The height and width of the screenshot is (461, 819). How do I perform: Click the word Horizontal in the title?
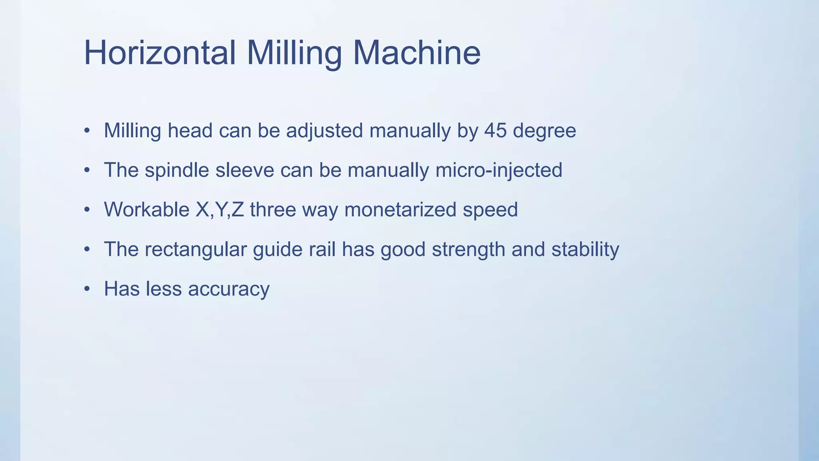coord(160,53)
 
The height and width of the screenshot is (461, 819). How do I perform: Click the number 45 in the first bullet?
coord(495,130)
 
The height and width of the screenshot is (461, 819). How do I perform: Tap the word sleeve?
coord(245,170)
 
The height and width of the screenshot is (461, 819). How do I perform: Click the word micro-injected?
coord(499,170)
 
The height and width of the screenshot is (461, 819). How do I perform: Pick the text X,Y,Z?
coord(220,210)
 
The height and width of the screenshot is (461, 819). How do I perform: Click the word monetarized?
coord(400,210)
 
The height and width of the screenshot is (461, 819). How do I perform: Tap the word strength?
coord(468,250)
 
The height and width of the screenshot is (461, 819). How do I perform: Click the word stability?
coord(585,250)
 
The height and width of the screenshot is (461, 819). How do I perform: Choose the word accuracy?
coord(229,289)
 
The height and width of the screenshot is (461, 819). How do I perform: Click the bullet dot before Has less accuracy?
coord(87,289)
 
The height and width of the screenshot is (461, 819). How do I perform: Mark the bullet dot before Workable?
coord(87,210)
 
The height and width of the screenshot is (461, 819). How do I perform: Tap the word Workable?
coord(146,210)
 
